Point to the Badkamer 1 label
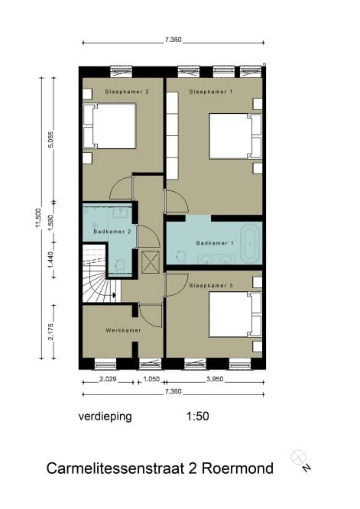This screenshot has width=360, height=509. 212,244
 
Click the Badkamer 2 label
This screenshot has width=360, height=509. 110,231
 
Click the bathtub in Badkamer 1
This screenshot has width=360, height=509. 250,244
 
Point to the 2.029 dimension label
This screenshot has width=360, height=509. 108,379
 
